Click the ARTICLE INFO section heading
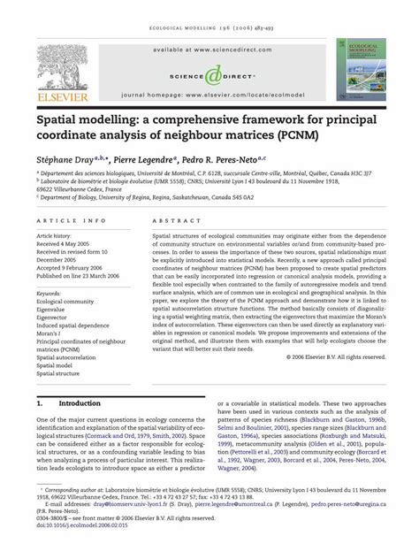coord(72,221)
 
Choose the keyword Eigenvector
coord(55,317)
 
